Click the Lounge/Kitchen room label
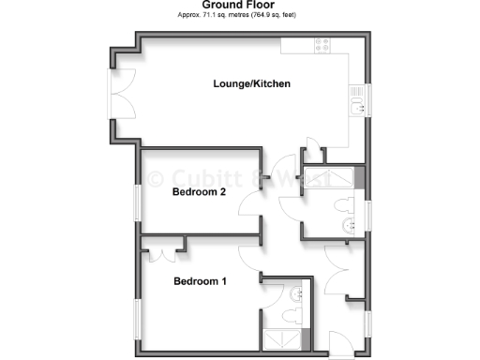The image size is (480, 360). pyautogui.click(x=250, y=84)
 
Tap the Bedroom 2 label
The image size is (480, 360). pyautogui.click(x=199, y=193)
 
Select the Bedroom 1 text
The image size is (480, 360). pyautogui.click(x=199, y=280)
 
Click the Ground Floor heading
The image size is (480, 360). pyautogui.click(x=239, y=6)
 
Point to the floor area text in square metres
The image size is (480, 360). pyautogui.click(x=239, y=16)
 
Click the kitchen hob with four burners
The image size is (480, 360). pyautogui.click(x=324, y=45)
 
